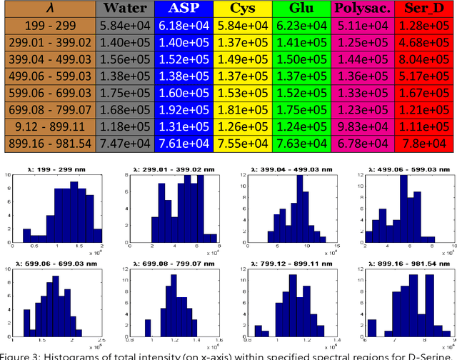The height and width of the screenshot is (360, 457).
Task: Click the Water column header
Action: click(x=125, y=9)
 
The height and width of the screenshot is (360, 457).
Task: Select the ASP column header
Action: click(x=184, y=9)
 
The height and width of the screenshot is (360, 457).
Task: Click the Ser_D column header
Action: click(x=425, y=9)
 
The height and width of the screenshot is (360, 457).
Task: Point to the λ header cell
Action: click(x=49, y=9)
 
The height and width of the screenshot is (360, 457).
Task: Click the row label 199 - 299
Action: click(x=49, y=26)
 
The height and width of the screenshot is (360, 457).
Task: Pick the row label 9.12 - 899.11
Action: click(x=49, y=126)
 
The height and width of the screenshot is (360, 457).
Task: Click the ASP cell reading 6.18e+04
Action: click(x=184, y=26)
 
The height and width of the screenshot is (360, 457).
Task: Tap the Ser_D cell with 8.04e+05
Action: click(x=425, y=59)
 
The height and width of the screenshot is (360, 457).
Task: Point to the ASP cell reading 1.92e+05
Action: click(x=184, y=109)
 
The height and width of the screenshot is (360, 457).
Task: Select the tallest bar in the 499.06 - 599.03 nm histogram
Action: click(x=403, y=207)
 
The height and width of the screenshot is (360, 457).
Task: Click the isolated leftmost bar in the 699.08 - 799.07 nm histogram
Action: click(x=148, y=326)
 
